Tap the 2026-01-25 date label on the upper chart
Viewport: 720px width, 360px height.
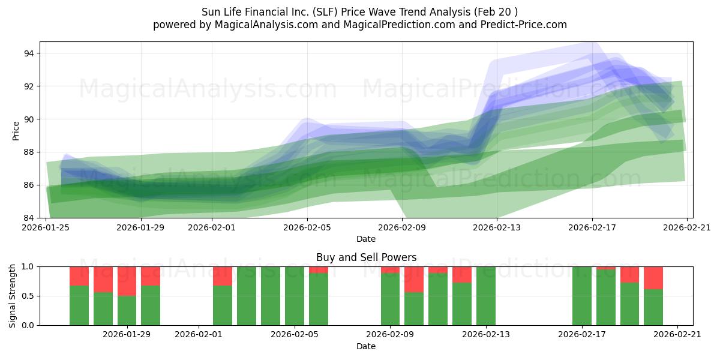(46, 227)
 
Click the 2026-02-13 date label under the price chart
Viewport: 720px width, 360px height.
(497, 227)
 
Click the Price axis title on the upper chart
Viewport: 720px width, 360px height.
(16, 130)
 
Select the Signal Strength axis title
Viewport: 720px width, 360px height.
(13, 296)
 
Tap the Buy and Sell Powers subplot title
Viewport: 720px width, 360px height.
(366, 257)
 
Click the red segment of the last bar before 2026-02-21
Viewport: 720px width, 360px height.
(653, 277)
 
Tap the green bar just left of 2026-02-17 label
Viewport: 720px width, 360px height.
(581, 296)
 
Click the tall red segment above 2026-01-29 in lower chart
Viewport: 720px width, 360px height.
(127, 281)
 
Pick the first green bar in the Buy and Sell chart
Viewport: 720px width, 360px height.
(79, 305)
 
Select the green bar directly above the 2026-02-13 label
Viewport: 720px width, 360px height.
(486, 296)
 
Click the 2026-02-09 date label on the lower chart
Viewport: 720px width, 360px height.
(390, 335)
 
